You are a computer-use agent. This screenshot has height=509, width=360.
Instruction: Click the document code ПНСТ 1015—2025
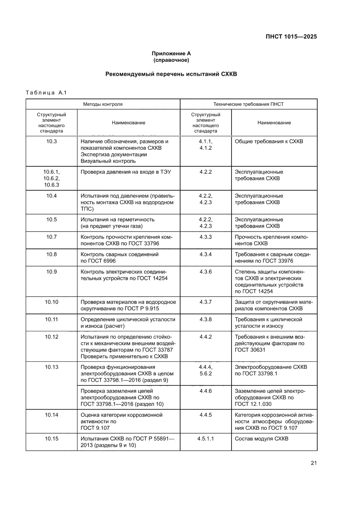coord(291,37)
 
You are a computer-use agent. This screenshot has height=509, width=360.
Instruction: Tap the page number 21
coord(313,463)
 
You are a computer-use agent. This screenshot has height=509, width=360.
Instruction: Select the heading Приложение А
coord(171,53)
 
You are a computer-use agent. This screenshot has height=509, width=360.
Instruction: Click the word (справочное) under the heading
coord(171,60)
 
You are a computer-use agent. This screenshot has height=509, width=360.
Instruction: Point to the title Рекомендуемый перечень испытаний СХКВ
coord(171,74)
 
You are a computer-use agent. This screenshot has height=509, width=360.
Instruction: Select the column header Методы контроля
coord(103,104)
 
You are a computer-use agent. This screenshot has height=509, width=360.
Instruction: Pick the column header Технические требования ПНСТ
coord(249,104)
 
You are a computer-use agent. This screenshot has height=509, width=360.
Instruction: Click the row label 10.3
coord(51,142)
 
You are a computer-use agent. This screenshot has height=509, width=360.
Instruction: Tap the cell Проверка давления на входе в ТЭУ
coord(126,172)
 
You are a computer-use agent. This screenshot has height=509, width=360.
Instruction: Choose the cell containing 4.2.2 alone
coord(205,172)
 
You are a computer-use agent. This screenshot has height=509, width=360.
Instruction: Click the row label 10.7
coord(51,236)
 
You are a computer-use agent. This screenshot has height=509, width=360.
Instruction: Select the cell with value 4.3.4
coord(205,254)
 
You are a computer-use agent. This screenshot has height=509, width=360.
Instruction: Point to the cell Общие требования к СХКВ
coord(269,142)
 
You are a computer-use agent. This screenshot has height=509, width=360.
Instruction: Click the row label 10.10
coord(51,302)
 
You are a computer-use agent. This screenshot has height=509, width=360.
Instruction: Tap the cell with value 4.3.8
coord(205,319)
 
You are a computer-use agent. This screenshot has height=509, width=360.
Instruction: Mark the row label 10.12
coord(51,337)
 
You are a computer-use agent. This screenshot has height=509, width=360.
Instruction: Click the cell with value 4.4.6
coord(205,391)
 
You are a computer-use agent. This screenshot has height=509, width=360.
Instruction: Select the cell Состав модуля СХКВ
coord(261,438)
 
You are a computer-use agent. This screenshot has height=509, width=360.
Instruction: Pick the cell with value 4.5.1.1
coord(205,438)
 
